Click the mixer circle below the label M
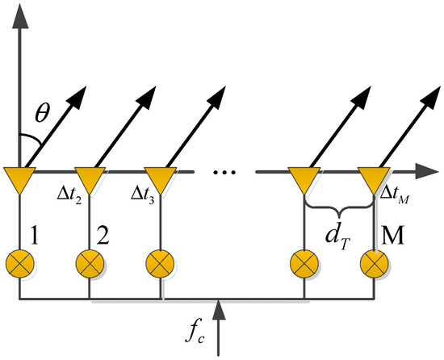click(x=373, y=262)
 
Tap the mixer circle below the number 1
click(x=17, y=262)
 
